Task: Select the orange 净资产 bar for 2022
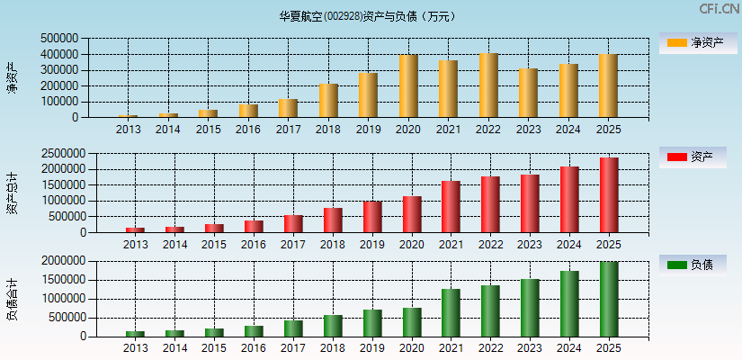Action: click(x=488, y=85)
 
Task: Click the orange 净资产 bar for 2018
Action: click(x=328, y=101)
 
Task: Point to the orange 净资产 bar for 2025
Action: click(x=608, y=85)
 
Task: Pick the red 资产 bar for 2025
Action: click(x=609, y=195)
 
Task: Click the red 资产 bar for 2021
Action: click(x=451, y=207)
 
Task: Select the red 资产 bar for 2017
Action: click(x=293, y=223)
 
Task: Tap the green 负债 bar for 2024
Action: click(x=569, y=304)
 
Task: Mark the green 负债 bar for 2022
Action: click(x=490, y=311)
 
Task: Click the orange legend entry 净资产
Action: click(x=693, y=42)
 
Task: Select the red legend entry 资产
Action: click(x=693, y=157)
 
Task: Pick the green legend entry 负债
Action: click(x=693, y=265)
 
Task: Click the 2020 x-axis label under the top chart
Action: click(x=407, y=130)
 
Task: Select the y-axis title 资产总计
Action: click(x=12, y=193)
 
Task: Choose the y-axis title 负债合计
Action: click(x=12, y=300)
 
